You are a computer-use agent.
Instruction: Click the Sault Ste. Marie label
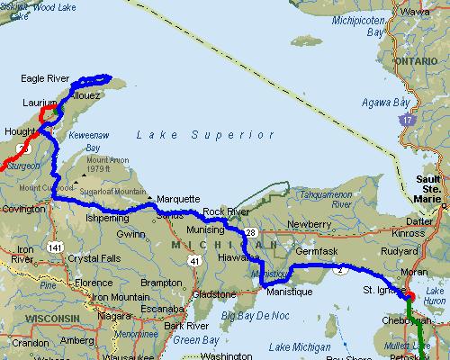pos(429,186)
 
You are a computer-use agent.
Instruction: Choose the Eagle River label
pos(45,79)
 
